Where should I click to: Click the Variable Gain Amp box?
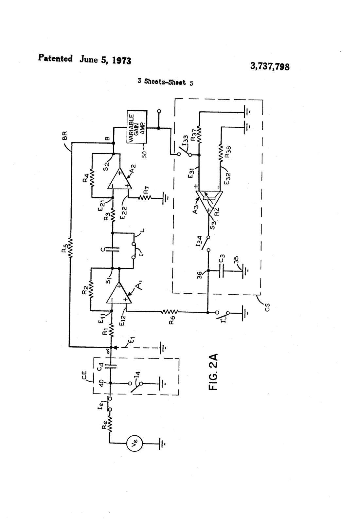(137, 127)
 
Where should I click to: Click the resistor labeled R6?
(170, 312)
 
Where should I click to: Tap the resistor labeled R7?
(145, 198)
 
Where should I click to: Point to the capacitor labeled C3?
(222, 271)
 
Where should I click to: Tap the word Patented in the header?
(55, 58)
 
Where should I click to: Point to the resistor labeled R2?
(91, 288)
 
